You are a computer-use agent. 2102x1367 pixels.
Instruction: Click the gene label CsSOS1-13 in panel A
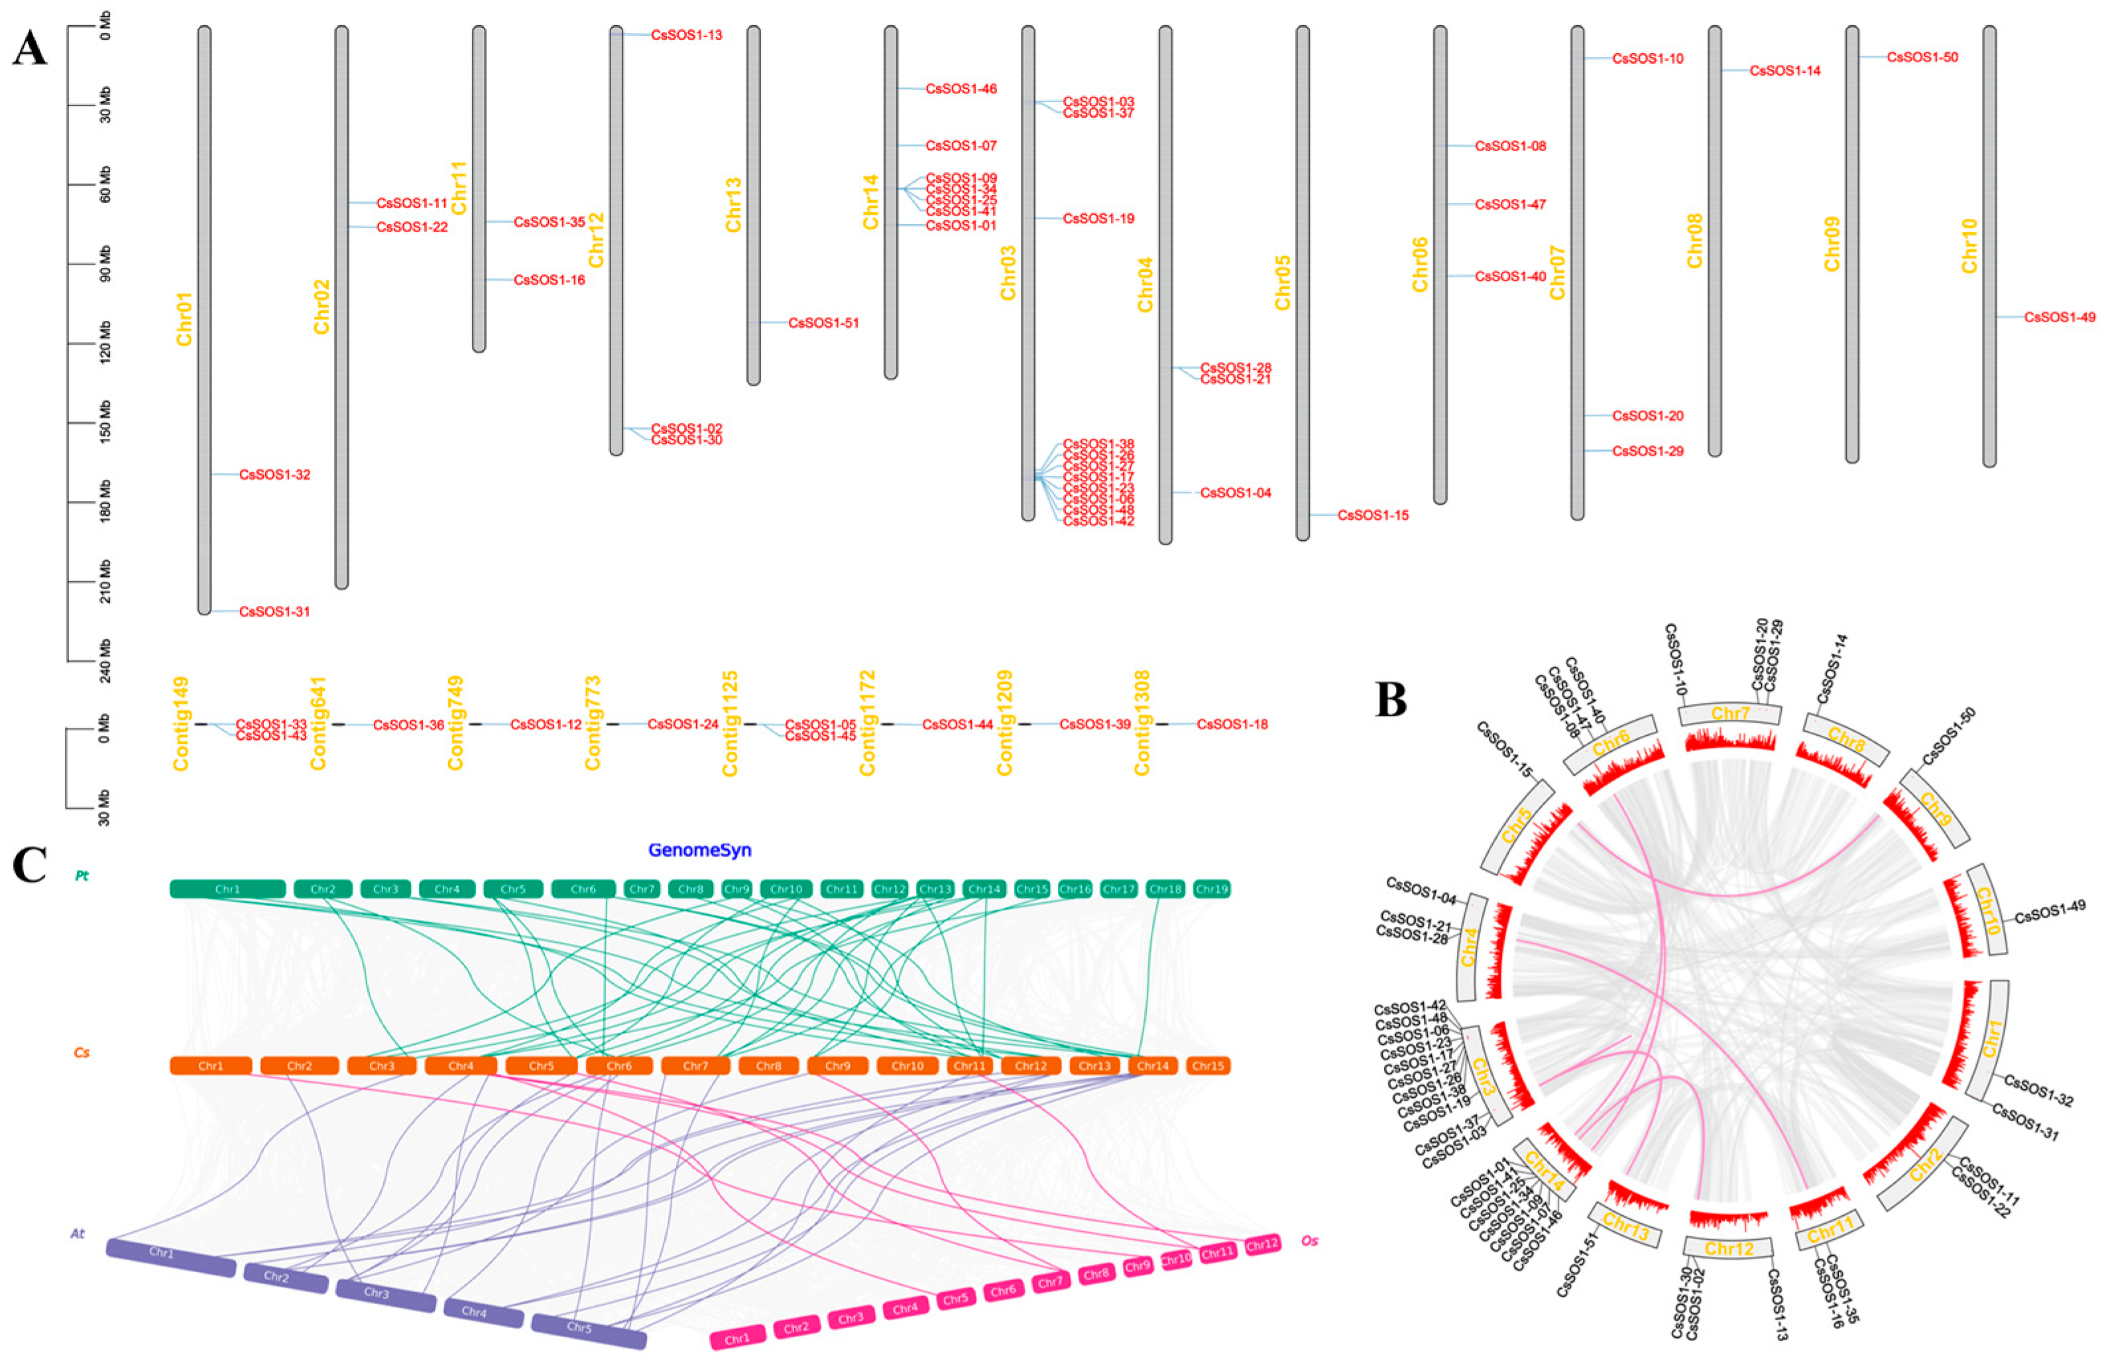click(x=686, y=35)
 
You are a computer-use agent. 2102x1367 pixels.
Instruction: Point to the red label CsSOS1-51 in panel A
click(x=823, y=324)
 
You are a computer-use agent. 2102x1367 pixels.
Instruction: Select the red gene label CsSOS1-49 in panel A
click(x=2060, y=317)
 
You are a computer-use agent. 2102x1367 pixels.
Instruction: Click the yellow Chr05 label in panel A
click(x=1283, y=282)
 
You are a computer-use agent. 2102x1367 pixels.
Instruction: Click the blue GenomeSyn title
click(x=699, y=851)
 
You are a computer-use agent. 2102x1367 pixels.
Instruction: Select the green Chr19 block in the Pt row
click(x=1211, y=889)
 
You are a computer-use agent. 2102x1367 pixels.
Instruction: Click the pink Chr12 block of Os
click(x=1262, y=1245)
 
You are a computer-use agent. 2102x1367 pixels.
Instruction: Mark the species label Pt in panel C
click(x=82, y=876)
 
